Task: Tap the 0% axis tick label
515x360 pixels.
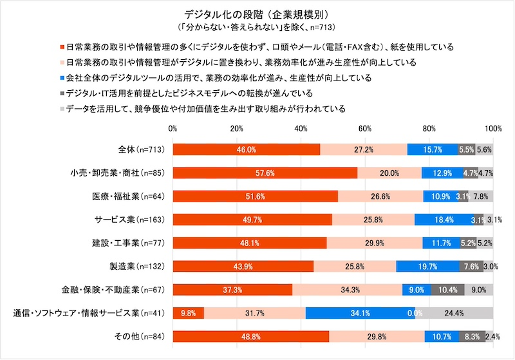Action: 173,129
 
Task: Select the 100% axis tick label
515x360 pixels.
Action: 493,129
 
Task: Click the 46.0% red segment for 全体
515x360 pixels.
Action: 246,149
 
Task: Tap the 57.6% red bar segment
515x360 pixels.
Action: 265,173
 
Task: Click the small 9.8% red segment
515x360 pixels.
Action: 188,313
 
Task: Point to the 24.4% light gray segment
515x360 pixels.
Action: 454,313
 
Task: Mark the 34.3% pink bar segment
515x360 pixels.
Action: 347,290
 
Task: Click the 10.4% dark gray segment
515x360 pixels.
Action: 447,290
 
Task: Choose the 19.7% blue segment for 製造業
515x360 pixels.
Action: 427,266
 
